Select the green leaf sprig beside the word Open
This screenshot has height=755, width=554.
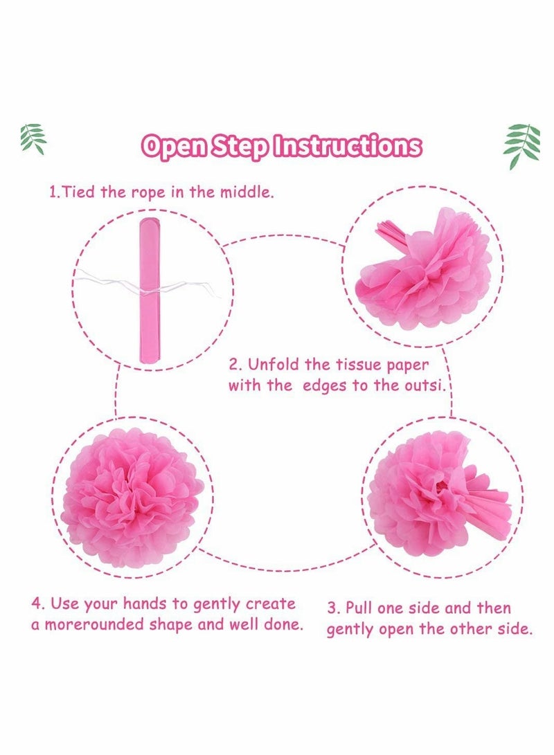pos(34,138)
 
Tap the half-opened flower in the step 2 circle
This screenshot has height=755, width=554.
pos(422,266)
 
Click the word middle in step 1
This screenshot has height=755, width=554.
pos(247,192)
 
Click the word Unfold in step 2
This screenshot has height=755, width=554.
pos(269,365)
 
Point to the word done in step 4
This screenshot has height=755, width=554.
pos(283,624)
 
